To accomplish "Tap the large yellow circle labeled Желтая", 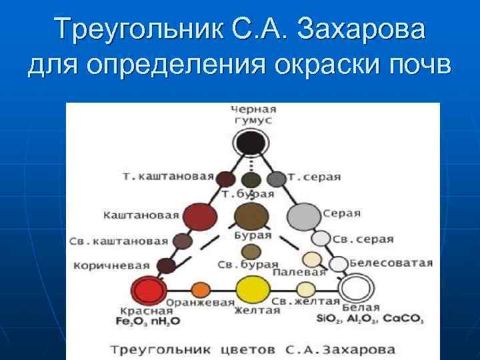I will [253, 290].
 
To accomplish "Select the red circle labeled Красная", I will [149, 291].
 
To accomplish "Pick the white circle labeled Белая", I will [355, 290].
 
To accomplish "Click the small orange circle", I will [201, 290].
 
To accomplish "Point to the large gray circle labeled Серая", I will [304, 216].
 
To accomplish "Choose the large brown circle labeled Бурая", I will [252, 216].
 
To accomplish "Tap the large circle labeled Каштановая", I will [199, 216].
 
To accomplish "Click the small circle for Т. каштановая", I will [226, 179].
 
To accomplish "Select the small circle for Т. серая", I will [277, 179].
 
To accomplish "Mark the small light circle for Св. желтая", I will [305, 290].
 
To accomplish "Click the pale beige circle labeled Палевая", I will [311, 259].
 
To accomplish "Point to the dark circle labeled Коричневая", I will [167, 266].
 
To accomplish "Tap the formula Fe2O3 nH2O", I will [150, 321].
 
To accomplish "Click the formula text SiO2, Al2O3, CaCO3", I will [380, 319].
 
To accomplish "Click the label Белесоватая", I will [391, 263].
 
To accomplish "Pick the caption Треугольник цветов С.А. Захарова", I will [253, 349].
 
